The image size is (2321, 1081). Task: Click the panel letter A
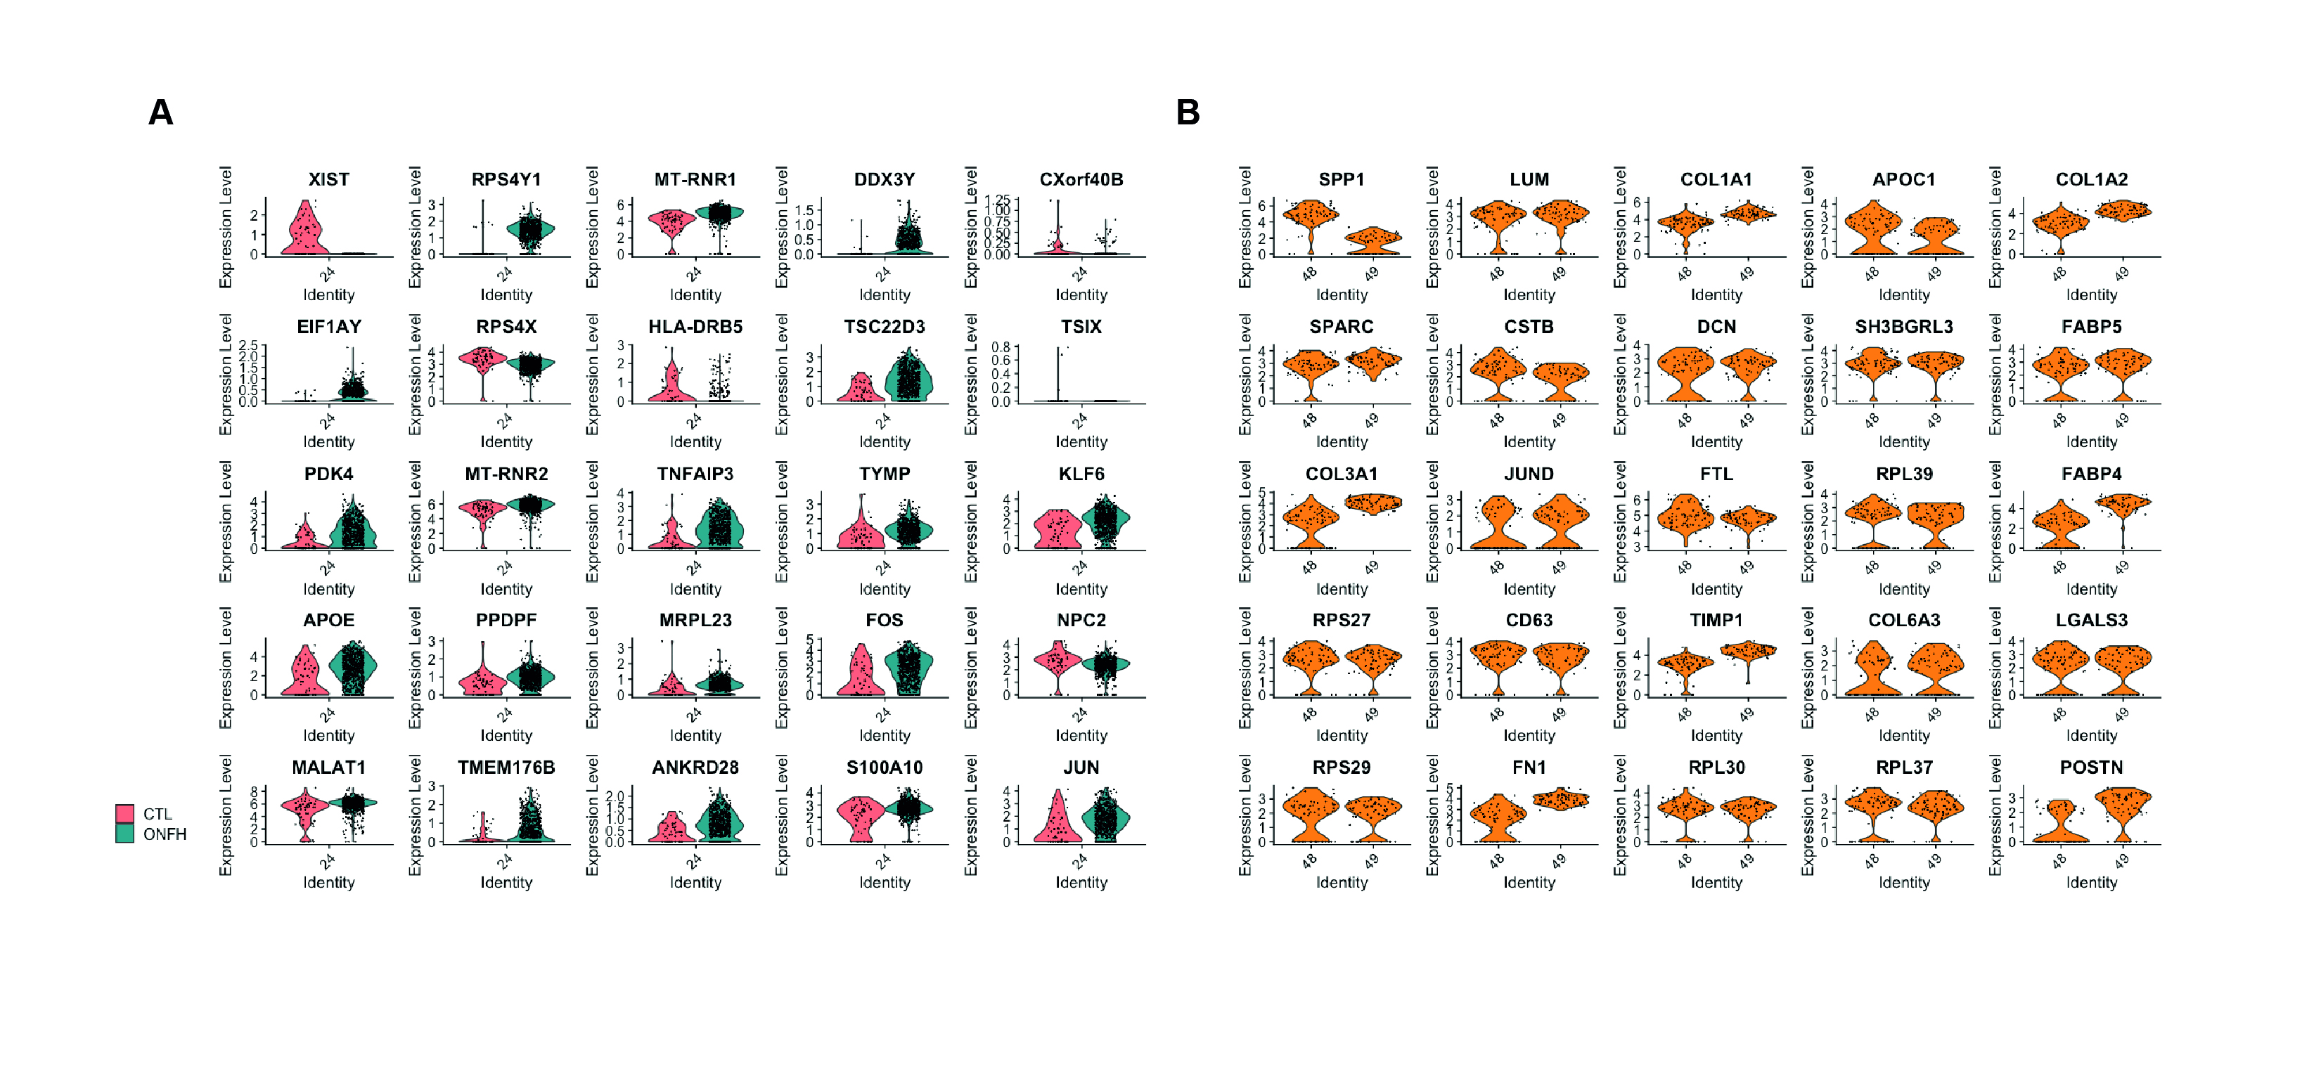[160, 112]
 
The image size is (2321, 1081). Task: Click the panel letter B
[1188, 112]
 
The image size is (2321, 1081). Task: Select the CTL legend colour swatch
[125, 813]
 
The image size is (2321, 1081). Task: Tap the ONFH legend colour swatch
[125, 834]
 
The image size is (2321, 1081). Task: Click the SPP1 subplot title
[1341, 179]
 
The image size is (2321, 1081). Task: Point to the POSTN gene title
[2090, 767]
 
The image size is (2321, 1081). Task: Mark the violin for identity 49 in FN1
[1560, 799]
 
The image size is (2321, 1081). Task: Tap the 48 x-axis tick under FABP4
[2059, 567]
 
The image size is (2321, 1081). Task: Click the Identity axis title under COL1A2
[2090, 294]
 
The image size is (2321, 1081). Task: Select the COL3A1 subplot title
[1341, 474]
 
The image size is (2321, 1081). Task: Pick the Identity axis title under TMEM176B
[506, 882]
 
